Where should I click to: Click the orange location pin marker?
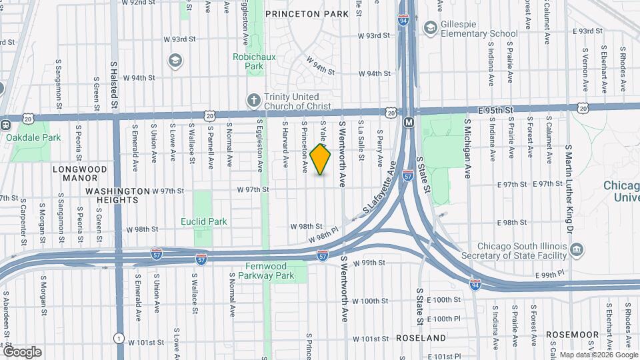(321, 159)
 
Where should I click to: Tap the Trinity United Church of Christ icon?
(253, 100)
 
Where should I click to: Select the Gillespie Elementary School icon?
(430, 27)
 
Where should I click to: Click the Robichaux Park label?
(249, 62)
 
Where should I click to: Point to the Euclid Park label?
(204, 221)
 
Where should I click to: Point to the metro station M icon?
(408, 123)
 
